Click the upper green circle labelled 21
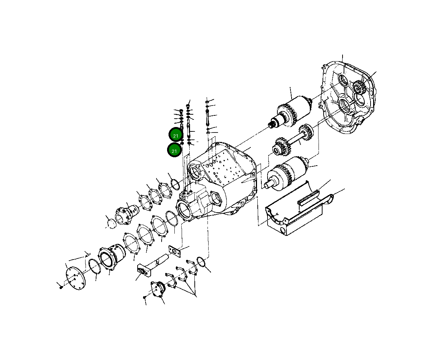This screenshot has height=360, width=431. (x=175, y=135)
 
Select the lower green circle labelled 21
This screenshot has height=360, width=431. (x=174, y=150)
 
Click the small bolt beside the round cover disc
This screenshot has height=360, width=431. (x=61, y=287)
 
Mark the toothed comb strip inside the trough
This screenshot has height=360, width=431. (x=309, y=197)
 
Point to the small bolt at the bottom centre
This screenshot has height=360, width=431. (x=145, y=297)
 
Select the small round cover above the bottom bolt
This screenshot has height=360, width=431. (x=158, y=290)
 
